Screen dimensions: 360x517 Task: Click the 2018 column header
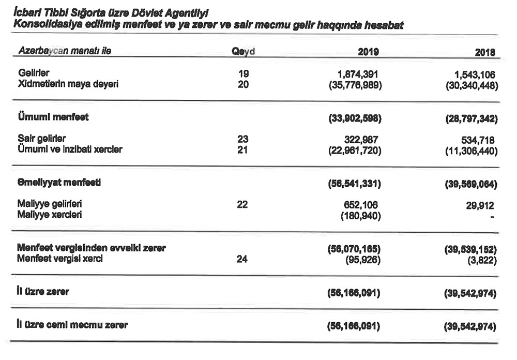484,52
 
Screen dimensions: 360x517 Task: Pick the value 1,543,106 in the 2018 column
476,74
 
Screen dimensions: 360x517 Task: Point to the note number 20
242,84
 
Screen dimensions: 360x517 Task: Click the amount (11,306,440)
471,151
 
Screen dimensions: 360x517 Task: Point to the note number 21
242,150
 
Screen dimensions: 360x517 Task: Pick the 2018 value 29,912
483,205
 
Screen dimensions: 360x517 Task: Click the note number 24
242,259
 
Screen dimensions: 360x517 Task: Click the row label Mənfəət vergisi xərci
59,259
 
